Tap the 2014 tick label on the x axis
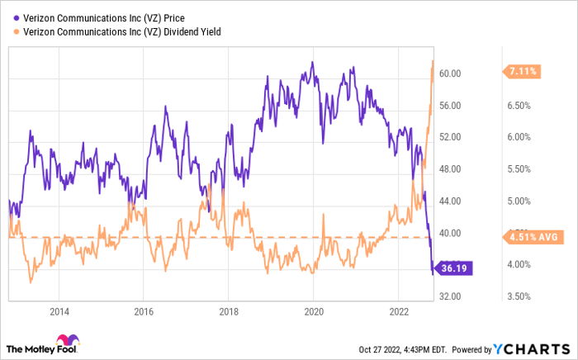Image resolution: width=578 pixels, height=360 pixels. (x=59, y=311)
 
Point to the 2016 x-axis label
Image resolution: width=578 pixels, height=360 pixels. (x=144, y=311)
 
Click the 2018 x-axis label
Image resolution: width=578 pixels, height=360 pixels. (x=229, y=311)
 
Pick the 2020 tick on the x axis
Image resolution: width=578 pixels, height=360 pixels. (x=313, y=311)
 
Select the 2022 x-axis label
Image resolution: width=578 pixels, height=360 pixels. (x=398, y=311)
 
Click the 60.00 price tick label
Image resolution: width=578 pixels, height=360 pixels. (x=450, y=73)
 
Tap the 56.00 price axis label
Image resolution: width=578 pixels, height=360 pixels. (x=450, y=106)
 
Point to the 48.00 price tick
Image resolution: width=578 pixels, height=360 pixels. (x=450, y=169)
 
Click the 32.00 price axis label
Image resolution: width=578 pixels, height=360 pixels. (x=450, y=296)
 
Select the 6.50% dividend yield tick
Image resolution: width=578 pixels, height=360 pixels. (x=518, y=106)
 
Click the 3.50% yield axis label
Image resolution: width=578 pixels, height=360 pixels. (x=518, y=296)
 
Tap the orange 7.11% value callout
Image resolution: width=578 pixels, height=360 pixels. (x=523, y=72)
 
